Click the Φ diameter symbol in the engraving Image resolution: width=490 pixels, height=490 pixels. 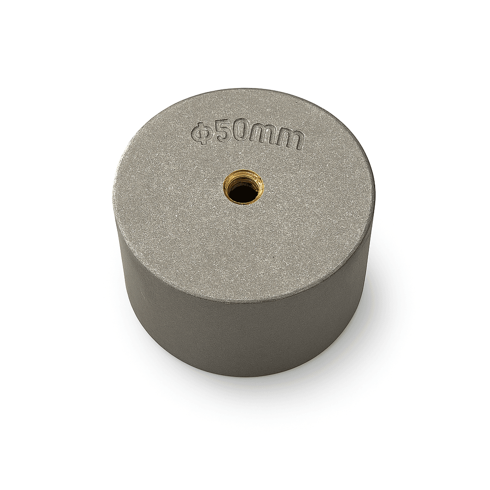pos(200,134)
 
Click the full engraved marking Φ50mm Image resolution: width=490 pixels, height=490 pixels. pos(247,136)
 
